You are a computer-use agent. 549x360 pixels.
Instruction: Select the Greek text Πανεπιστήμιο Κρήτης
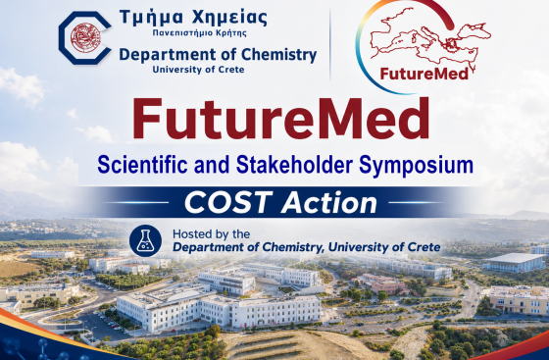(200, 33)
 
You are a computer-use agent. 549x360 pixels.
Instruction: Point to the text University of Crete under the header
(198, 70)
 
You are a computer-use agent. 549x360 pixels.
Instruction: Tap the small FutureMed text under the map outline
(424, 74)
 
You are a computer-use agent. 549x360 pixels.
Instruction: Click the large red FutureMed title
(280, 119)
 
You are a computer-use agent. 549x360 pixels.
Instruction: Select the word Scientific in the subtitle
(142, 165)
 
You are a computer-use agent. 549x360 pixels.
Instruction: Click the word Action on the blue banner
(329, 203)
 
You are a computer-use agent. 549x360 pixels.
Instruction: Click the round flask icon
(145, 241)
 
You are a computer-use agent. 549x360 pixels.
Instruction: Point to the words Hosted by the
(211, 233)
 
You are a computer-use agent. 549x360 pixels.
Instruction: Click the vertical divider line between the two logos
(330, 44)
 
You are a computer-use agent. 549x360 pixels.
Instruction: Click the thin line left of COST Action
(137, 202)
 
